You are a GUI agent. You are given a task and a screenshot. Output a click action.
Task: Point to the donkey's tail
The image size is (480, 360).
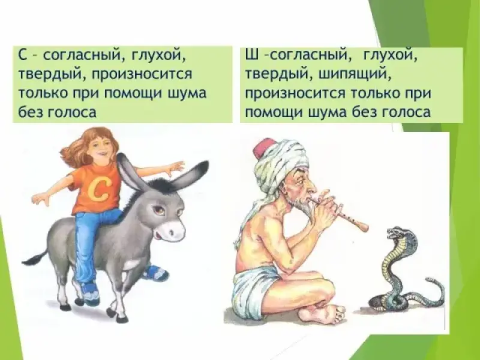[35, 258]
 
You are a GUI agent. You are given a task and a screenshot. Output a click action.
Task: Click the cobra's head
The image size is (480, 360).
[396, 233]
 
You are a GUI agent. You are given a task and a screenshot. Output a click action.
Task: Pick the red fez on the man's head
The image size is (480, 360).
[262, 149]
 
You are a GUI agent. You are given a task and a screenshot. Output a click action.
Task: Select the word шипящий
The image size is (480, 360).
[354, 74]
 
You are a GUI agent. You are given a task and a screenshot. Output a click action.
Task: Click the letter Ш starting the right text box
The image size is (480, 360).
[251, 56]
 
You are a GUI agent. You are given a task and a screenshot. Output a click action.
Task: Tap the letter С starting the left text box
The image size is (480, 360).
[23, 56]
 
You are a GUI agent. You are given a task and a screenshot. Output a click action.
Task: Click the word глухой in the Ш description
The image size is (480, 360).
[388, 56]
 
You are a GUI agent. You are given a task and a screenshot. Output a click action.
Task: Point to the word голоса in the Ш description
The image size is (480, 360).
[407, 112]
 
